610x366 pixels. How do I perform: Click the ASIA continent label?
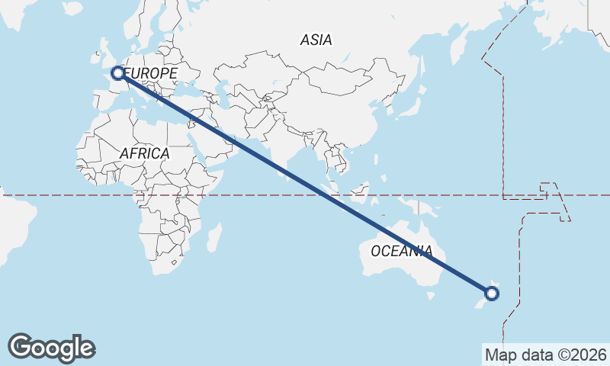[x=316, y=40]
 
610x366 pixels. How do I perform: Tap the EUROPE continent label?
[x=152, y=73]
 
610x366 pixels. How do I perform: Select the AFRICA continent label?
[x=144, y=153]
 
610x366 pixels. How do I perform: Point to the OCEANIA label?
[x=401, y=251]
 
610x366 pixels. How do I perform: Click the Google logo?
[x=51, y=348]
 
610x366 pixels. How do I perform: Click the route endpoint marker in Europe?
[x=118, y=73]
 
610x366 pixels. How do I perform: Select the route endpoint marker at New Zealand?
[x=492, y=293]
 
